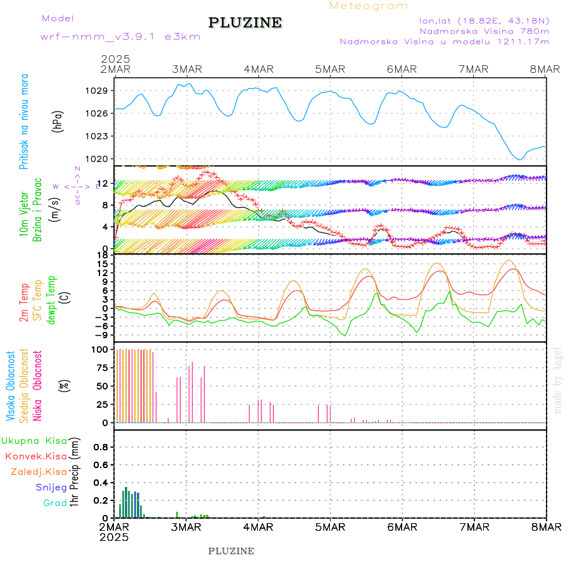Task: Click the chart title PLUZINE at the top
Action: click(x=245, y=23)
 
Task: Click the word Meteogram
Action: click(x=369, y=6)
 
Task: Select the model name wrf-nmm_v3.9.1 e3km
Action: click(x=120, y=36)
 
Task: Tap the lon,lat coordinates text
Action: click(x=480, y=20)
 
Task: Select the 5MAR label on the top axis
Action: click(x=330, y=69)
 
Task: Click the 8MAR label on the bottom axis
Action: click(x=546, y=527)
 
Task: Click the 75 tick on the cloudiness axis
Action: click(x=102, y=367)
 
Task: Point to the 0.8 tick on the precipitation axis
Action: click(x=101, y=446)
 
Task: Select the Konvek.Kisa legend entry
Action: click(x=35, y=456)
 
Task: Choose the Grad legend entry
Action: click(x=54, y=503)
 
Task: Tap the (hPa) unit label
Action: click(x=58, y=121)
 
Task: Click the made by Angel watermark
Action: click(x=557, y=380)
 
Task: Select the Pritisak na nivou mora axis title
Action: click(x=24, y=122)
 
